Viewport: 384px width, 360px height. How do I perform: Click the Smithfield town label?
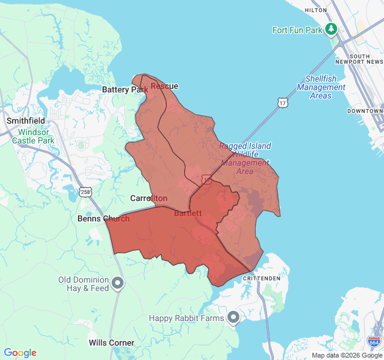26,120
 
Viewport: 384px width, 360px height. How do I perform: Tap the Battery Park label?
124,89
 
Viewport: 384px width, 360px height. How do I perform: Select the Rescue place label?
164,86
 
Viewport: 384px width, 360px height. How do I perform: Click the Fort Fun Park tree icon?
331,29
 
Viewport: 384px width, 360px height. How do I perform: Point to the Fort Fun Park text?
298,29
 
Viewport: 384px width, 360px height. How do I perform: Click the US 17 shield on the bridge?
283,103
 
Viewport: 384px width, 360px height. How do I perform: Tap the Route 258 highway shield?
85,192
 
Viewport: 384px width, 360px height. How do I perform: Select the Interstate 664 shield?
374,341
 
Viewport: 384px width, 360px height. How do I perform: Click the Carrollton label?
149,198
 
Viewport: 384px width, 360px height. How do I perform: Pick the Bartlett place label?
188,213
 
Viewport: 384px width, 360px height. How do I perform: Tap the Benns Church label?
103,218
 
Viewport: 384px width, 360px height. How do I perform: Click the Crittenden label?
262,278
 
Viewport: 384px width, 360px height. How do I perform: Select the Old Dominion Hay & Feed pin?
118,283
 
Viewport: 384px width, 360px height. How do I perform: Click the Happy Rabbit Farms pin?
233,317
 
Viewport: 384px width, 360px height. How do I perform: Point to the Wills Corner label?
112,343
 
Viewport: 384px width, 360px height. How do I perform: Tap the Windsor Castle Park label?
36,136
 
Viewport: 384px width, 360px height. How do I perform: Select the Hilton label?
316,10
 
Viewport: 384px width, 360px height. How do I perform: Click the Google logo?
20,353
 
